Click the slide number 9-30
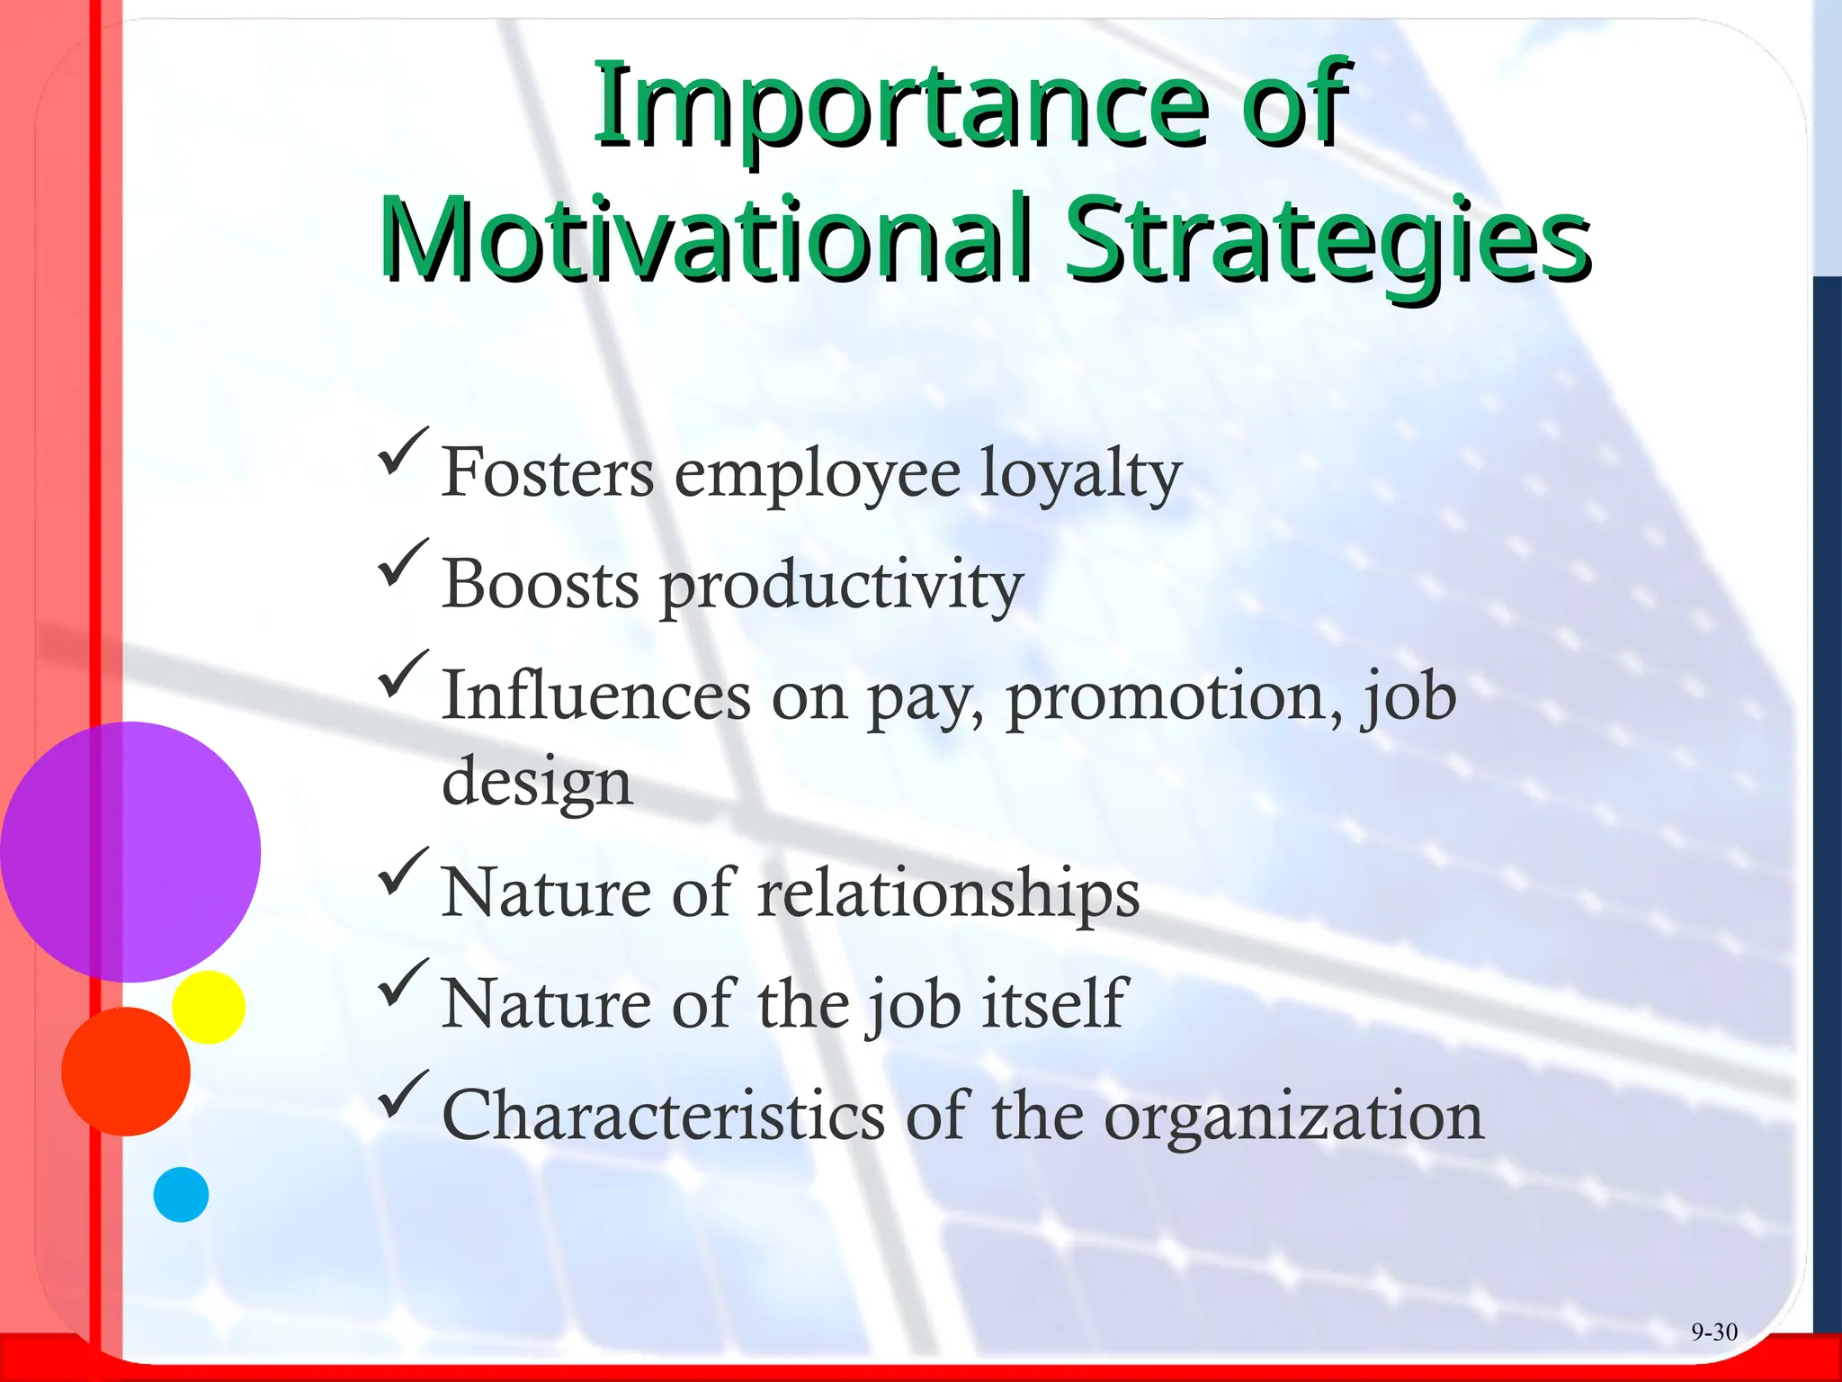point(1713,1332)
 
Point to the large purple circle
point(130,851)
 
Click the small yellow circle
point(209,1007)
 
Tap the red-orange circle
point(126,1071)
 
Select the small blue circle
point(181,1194)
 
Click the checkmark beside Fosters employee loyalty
point(402,453)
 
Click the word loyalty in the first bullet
point(1079,475)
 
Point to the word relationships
point(948,894)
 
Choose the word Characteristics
point(664,1116)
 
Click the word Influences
point(596,696)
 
